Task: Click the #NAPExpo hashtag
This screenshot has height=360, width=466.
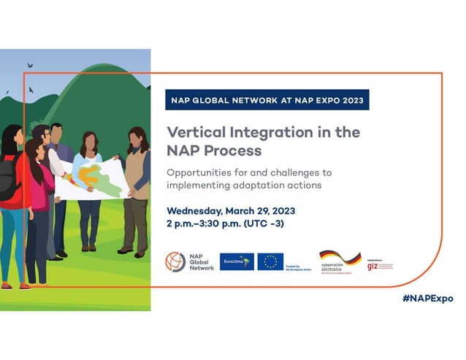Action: [x=427, y=299]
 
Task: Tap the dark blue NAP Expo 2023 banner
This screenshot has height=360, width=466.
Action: [x=267, y=100]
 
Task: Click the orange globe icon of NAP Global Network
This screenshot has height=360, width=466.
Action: [x=175, y=261]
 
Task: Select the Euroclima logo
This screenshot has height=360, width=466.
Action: [x=237, y=261]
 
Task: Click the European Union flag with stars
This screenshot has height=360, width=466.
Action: [x=270, y=261]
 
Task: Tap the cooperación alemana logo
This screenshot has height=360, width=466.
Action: [x=340, y=261]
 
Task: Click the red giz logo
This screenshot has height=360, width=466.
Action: [x=373, y=266]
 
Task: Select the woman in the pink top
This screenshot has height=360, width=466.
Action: [x=37, y=197]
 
